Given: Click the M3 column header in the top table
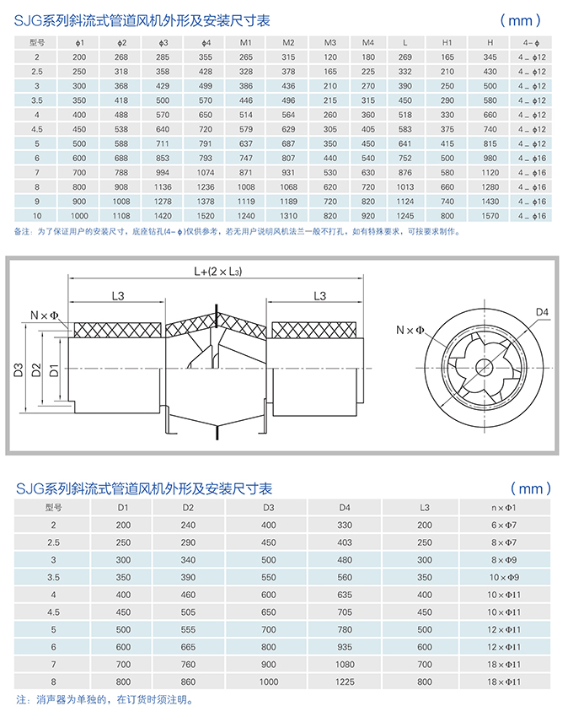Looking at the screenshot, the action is pos(330,42).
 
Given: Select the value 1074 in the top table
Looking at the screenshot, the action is pos(205,172).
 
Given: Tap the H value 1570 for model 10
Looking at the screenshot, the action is pos(490,216).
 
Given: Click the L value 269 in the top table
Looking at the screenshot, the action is pos(405,57).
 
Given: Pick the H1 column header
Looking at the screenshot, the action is pos(447,42).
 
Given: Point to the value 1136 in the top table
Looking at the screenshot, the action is pos(163,187).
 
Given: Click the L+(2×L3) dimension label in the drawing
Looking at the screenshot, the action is pos(218,271).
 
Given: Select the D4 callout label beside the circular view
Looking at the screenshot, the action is pos(542,312).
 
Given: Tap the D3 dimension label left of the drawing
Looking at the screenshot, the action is pos(19,370).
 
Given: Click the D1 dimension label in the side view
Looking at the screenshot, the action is pos(54,370).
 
